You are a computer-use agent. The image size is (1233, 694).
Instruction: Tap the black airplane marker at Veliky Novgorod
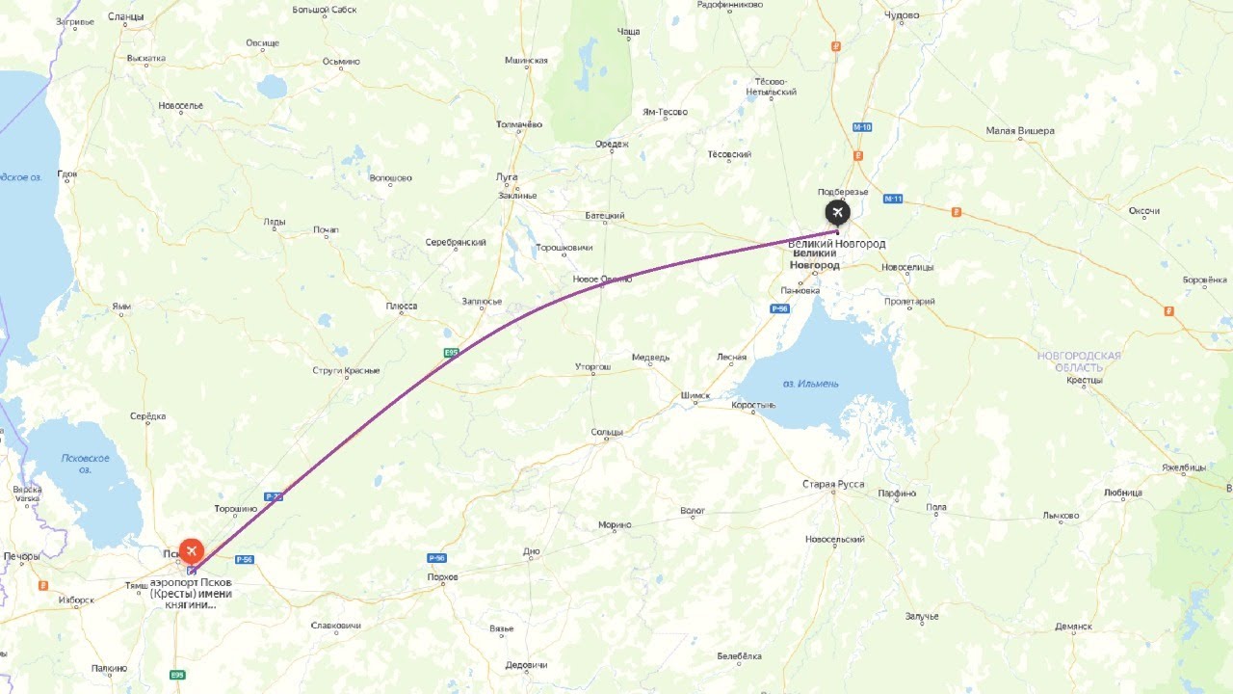click(x=837, y=212)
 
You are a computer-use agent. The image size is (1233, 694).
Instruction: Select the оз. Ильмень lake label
click(x=810, y=384)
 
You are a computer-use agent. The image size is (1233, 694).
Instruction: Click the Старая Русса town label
click(x=834, y=484)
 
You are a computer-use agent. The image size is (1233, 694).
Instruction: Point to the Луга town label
click(x=507, y=177)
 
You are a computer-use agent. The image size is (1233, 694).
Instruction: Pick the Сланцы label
click(x=125, y=16)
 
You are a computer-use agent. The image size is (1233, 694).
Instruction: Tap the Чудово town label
click(x=902, y=15)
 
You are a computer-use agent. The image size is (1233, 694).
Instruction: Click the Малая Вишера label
click(x=1020, y=131)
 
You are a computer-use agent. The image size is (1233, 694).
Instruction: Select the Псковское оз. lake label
click(x=85, y=464)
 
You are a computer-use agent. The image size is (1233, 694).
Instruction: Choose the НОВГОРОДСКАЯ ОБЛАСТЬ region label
click(x=1079, y=361)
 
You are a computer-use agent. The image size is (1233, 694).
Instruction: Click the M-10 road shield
click(x=862, y=127)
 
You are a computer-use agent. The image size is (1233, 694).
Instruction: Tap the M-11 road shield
click(x=892, y=199)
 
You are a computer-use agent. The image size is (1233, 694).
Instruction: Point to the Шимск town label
click(x=695, y=395)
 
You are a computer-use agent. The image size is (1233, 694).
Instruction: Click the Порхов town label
click(x=442, y=577)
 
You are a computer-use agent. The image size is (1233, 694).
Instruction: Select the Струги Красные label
click(x=346, y=371)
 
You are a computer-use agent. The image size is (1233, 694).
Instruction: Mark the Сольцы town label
click(x=607, y=432)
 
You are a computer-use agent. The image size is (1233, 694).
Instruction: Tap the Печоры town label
click(x=21, y=557)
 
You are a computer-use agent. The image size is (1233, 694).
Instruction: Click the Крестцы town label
click(x=1085, y=380)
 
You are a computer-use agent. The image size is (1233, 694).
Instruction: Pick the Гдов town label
click(x=67, y=174)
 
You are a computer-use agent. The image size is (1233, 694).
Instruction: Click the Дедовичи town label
click(x=526, y=665)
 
